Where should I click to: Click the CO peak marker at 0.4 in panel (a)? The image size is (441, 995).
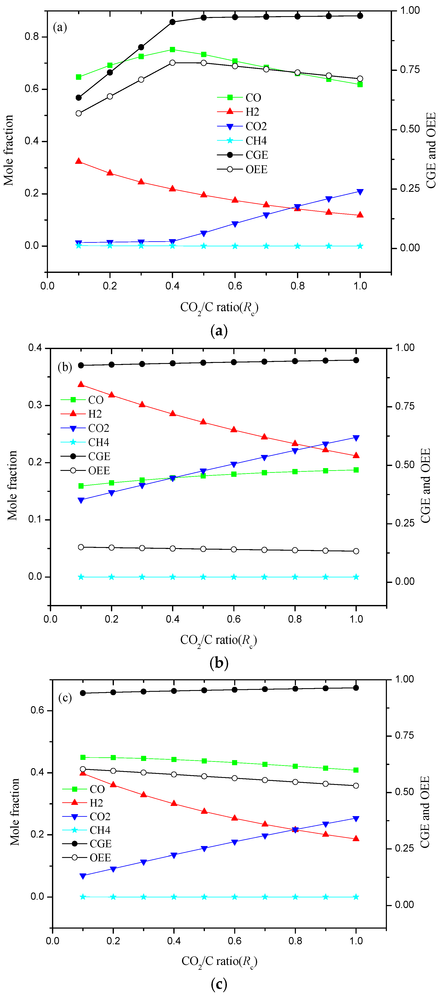(173, 49)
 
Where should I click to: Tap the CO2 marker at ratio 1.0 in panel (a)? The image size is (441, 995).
(360, 192)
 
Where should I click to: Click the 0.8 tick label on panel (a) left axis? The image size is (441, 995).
(32, 37)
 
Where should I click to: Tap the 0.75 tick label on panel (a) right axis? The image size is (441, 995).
(409, 70)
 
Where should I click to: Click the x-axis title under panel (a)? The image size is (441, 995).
(219, 308)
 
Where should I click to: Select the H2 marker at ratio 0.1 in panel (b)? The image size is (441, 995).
(81, 384)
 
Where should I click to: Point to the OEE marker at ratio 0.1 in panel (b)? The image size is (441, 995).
(81, 547)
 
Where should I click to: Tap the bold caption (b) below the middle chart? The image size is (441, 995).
(219, 663)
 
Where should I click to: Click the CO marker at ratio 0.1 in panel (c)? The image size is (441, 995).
(83, 758)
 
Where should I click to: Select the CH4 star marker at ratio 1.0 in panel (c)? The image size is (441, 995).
(356, 897)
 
